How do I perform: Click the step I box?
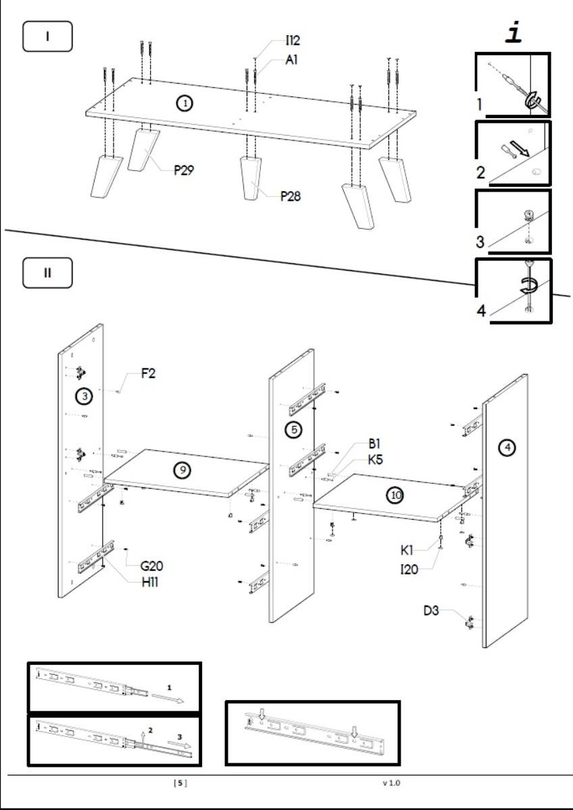47,36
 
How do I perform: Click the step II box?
47,273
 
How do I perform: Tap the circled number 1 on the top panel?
184,103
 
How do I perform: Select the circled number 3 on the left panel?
84,397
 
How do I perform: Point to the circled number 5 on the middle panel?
293,429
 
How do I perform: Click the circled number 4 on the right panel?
507,447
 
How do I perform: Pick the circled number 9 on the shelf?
182,470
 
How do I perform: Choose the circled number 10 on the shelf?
395,495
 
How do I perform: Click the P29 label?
184,170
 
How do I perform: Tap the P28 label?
291,196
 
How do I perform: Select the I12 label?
293,42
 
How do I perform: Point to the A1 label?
292,59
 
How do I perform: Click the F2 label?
149,373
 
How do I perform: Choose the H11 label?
150,582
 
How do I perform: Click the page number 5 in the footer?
180,783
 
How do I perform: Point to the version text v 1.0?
391,783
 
